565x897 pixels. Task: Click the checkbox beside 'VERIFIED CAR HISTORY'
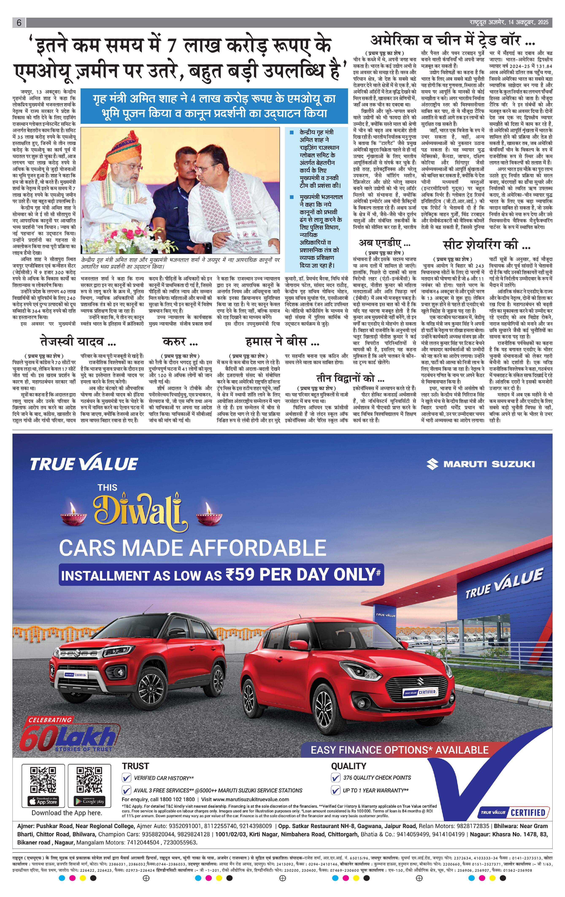[127, 778]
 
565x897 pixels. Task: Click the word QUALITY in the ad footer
[349, 766]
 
